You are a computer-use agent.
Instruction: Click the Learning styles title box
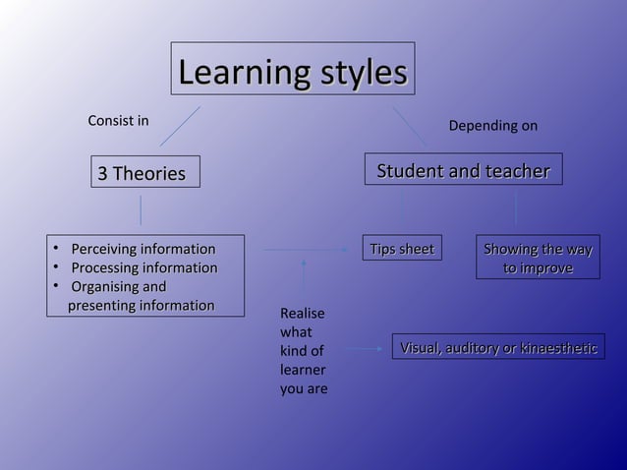pos(293,73)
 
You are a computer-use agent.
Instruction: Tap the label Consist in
pos(118,121)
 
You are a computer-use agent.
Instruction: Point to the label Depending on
pos(492,127)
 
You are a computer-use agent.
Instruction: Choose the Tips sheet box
pos(400,250)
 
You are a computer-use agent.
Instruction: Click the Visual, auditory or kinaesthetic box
pos(498,347)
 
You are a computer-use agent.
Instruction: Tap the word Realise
pos(302,314)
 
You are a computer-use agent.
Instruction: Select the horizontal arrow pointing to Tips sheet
pos(305,250)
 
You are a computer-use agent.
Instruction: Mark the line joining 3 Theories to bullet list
pos(141,210)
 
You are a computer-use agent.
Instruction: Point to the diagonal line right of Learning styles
pos(410,127)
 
